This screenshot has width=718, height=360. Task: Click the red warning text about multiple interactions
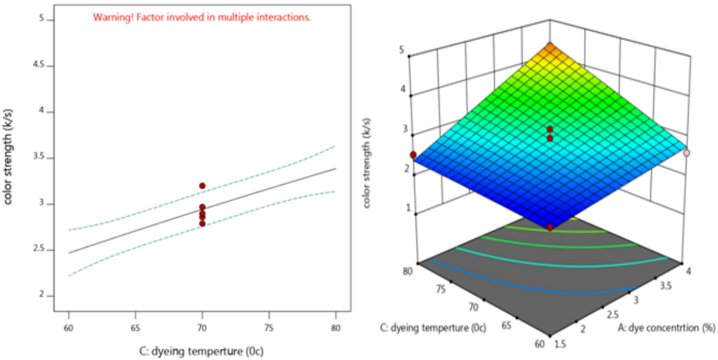point(202,17)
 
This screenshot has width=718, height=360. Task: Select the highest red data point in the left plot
point(202,186)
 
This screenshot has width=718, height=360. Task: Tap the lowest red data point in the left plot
point(202,223)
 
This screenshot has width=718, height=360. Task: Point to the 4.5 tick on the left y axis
point(39,65)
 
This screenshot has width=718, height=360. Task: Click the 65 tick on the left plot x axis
point(135,328)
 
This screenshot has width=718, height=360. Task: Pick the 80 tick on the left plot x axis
point(336,328)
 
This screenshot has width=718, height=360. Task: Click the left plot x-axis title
point(201,351)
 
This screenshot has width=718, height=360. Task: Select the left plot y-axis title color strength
point(8,156)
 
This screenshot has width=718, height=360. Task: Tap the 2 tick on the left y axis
point(41,295)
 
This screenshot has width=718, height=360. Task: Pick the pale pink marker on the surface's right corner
point(686,153)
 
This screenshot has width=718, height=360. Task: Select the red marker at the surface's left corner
point(413,155)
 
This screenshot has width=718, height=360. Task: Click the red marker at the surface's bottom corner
point(550,228)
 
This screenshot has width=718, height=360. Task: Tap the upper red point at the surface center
point(550,129)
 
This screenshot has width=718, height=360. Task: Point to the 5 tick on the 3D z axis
point(402,50)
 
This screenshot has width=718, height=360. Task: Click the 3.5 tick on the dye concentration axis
point(665,286)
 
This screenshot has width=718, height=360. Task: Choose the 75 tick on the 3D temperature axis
point(441,289)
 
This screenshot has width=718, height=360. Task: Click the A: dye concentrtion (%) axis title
point(666,328)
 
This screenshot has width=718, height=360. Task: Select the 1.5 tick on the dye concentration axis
point(560,344)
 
